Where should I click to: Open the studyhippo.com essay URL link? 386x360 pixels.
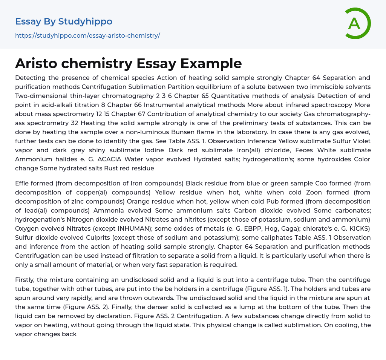point(87,35)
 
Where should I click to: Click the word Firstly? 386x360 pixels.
point(26,280)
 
